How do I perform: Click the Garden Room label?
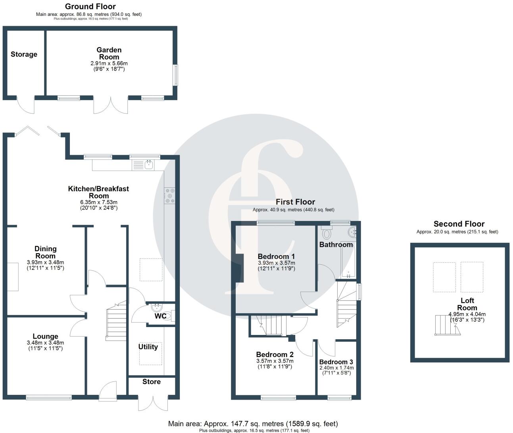coord(109,53)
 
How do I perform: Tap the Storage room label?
coord(24,54)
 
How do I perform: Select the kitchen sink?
coord(149,164)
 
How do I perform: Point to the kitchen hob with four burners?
coord(170,196)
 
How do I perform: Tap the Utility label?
coord(148,347)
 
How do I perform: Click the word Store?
coord(152,381)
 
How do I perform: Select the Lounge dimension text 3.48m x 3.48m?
coord(45,343)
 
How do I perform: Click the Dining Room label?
coord(46,252)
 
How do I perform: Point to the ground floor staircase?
coord(116,320)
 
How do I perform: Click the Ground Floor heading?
coord(90,6)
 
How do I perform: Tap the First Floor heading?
coord(295,202)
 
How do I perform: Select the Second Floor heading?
coord(459,224)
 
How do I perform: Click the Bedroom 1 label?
coord(276,256)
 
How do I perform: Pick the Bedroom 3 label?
coord(336,362)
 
